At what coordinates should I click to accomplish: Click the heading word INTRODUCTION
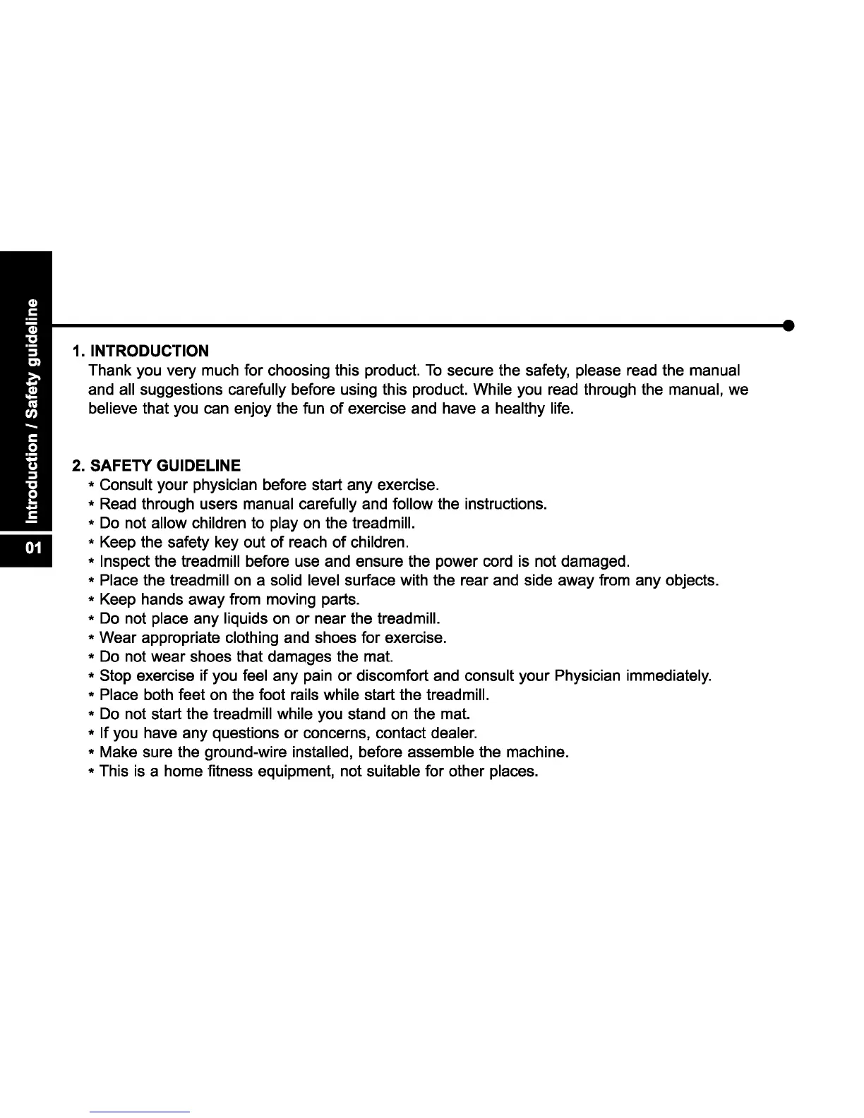click(150, 351)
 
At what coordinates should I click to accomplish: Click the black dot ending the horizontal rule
click(789, 325)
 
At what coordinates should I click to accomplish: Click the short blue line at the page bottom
click(140, 1112)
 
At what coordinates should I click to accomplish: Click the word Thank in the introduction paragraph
click(108, 371)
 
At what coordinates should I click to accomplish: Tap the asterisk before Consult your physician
click(92, 486)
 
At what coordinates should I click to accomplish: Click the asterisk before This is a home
click(92, 771)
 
